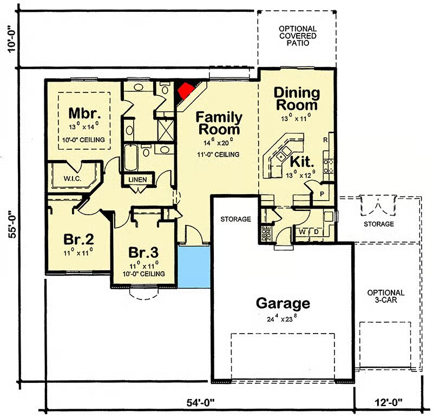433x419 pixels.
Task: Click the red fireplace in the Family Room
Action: tap(186, 91)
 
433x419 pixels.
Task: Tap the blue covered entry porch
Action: tap(194, 267)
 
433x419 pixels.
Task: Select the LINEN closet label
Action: tap(138, 180)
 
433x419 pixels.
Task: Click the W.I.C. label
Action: tap(73, 178)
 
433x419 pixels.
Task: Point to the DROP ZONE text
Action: tap(266, 234)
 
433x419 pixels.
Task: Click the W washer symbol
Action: tap(303, 232)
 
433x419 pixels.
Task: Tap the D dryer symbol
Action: tap(316, 232)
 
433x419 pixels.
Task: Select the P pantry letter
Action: tap(322, 194)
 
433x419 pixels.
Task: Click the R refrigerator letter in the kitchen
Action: tap(325, 140)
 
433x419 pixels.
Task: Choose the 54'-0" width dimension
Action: tap(200, 403)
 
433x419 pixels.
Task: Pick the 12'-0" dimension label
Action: tap(388, 402)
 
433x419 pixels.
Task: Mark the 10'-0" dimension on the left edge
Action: tap(13, 39)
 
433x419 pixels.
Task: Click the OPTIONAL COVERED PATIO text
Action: tap(298, 36)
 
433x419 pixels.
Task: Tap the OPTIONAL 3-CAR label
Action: tap(386, 296)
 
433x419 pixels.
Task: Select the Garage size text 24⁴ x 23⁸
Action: tap(282, 318)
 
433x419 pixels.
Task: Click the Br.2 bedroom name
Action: tap(78, 239)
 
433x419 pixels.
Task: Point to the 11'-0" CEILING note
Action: tap(218, 155)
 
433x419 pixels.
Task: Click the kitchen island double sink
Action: tap(284, 154)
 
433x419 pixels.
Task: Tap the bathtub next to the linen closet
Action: tap(131, 157)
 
